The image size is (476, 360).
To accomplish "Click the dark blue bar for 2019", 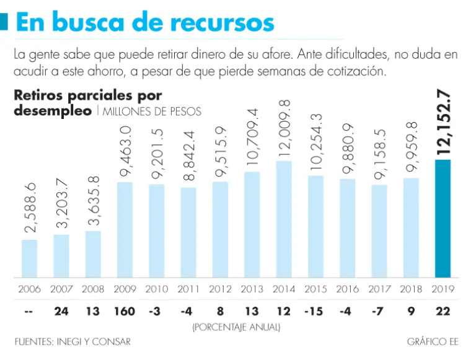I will [443, 219].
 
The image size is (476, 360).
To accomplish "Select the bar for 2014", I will [283, 219].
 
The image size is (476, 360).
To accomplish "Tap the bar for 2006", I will [29, 258].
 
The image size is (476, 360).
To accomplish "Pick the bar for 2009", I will [125, 230].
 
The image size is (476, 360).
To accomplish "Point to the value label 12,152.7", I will [443, 122].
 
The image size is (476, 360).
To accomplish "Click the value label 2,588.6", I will [30, 209].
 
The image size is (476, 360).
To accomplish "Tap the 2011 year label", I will [188, 289].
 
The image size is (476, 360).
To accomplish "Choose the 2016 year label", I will [347, 289].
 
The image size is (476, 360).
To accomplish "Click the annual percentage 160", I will [125, 311].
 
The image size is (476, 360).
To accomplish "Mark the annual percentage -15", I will [315, 311].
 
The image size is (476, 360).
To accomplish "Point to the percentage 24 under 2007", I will [61, 311].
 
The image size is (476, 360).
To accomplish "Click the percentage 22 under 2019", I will [443, 311].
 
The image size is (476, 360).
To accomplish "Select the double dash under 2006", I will [29, 311].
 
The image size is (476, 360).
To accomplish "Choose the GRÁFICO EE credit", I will [433, 341].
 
